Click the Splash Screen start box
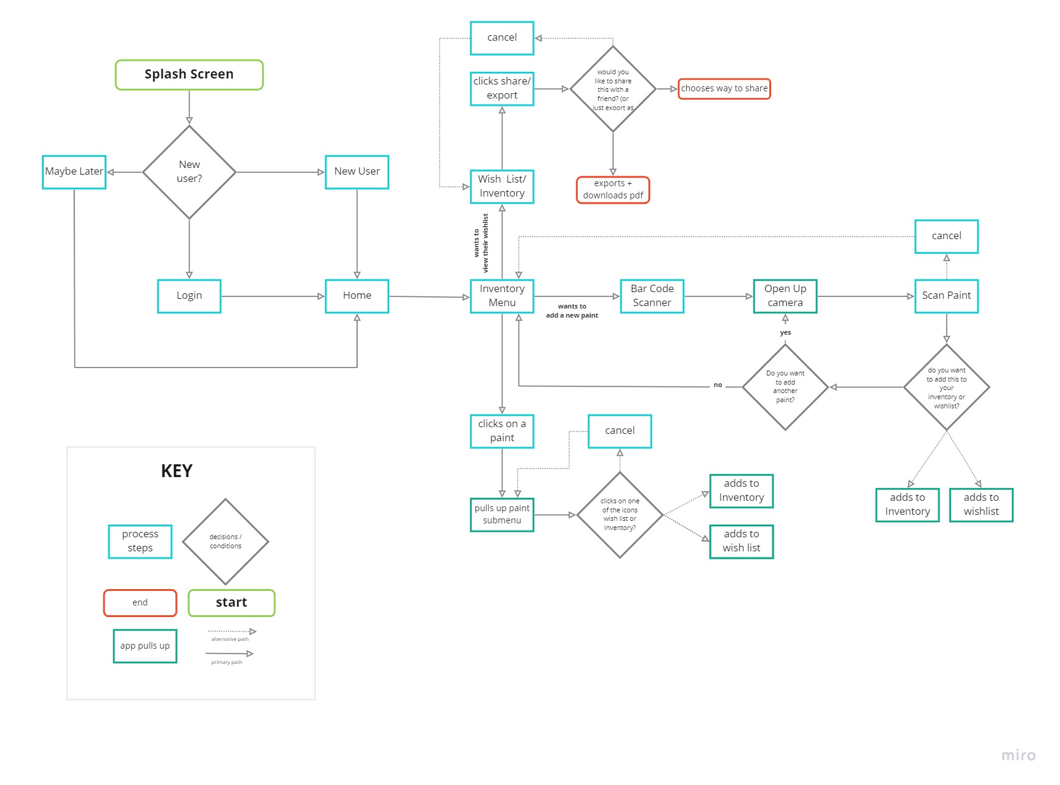tap(189, 75)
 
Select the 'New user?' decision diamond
tap(189, 172)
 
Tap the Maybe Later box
tap(74, 172)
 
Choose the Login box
tap(189, 296)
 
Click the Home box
tap(357, 296)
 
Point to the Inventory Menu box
tap(502, 296)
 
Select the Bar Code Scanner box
tap(652, 296)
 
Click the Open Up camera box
tap(785, 296)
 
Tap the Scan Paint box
tap(946, 296)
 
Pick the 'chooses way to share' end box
tap(724, 89)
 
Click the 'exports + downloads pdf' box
tap(613, 190)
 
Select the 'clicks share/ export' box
tap(502, 89)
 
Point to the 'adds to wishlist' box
tap(981, 504)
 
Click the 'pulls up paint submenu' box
tap(502, 514)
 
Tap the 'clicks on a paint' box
tap(502, 431)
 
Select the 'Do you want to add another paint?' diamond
tap(785, 387)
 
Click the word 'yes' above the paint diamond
tap(785, 333)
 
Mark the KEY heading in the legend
tap(176, 471)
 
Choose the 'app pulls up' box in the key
tap(145, 646)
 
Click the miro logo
tap(1018, 755)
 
